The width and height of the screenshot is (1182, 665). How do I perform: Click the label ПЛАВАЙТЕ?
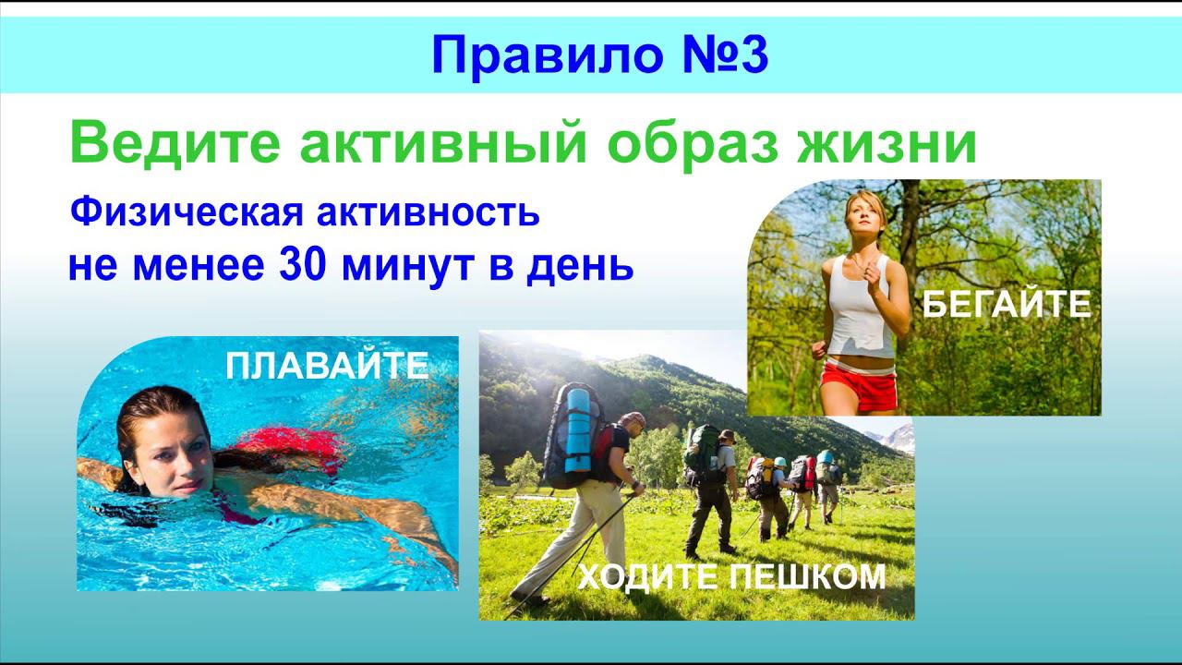pos(327,367)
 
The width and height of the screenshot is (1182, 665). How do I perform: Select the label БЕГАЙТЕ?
pos(1007,304)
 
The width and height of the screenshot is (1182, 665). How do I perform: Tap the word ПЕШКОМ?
pos(807,577)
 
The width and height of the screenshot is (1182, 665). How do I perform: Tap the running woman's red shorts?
pos(859,387)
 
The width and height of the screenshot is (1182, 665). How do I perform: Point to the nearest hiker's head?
pos(633,424)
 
